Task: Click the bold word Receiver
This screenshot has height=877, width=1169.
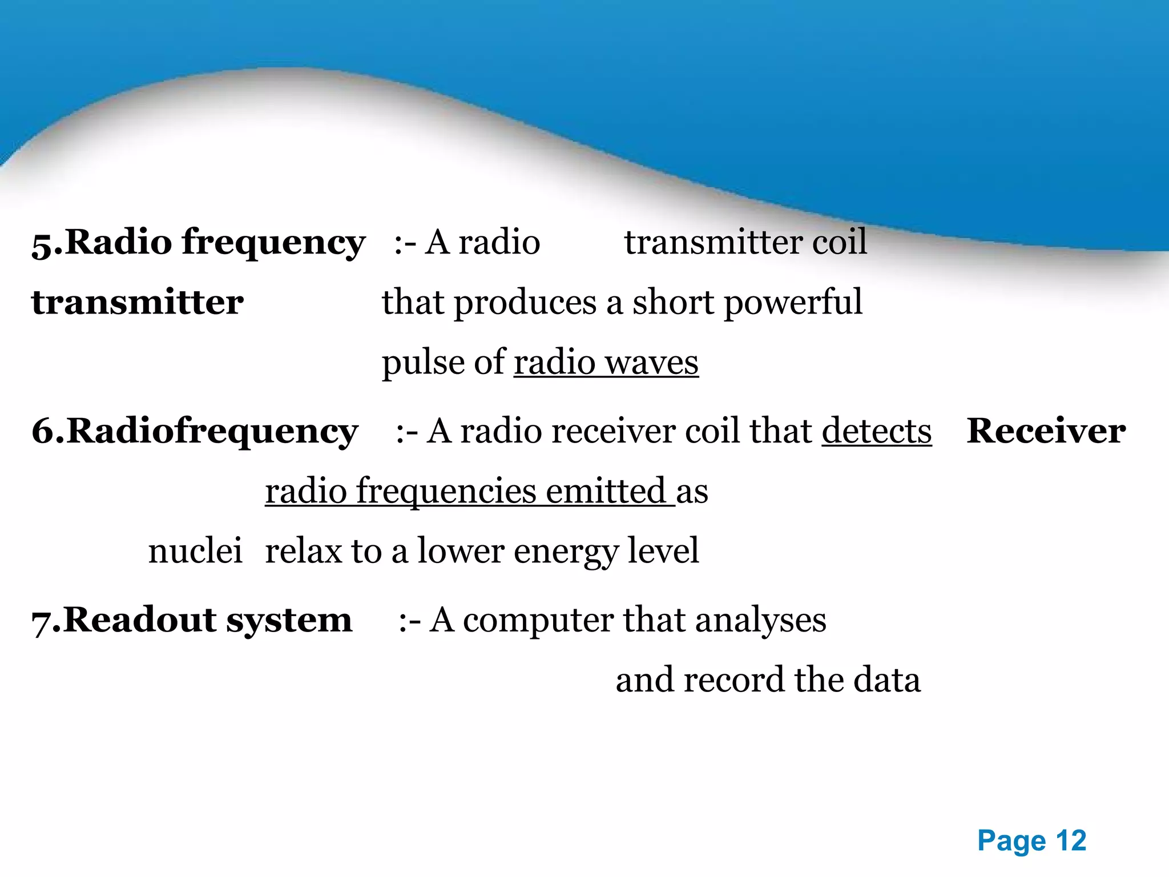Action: pyautogui.click(x=1046, y=431)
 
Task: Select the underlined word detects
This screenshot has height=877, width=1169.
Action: pyautogui.click(x=877, y=431)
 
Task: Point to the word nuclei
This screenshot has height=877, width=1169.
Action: pyautogui.click(x=195, y=551)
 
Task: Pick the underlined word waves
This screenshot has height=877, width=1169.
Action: pyautogui.click(x=651, y=363)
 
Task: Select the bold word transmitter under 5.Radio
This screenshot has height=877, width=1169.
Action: pyautogui.click(x=138, y=303)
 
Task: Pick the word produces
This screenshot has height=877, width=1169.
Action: pyautogui.click(x=525, y=303)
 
